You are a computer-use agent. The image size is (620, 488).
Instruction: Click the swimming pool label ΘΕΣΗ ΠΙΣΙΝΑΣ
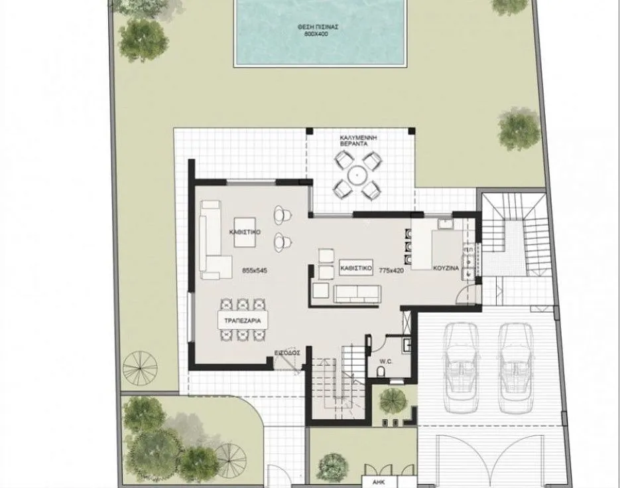(x=318, y=27)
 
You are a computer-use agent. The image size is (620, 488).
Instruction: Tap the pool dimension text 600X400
(x=316, y=34)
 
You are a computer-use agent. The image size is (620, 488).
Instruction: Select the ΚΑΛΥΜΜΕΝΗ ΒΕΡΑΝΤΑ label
(x=358, y=141)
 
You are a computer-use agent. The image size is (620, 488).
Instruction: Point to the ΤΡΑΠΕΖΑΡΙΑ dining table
(x=243, y=320)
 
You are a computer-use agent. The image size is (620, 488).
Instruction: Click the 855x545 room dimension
(x=255, y=271)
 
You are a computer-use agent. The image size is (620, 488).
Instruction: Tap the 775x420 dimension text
(x=391, y=271)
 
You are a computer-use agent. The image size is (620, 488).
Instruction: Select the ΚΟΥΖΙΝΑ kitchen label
(x=446, y=268)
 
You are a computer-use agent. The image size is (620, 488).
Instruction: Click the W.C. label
(x=385, y=361)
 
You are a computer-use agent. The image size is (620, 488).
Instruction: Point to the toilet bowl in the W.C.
(x=381, y=371)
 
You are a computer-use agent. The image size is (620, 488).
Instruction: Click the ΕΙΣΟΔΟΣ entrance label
(x=287, y=353)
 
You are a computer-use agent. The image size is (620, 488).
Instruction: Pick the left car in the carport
(x=461, y=368)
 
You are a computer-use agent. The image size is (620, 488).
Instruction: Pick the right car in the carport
(x=515, y=368)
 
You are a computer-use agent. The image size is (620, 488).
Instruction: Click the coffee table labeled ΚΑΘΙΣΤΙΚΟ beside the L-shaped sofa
(x=245, y=232)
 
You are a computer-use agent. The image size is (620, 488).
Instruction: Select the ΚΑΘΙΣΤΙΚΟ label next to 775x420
(x=356, y=268)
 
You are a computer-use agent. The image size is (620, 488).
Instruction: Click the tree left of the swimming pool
(x=143, y=40)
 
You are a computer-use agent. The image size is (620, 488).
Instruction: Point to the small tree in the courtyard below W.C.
(x=393, y=400)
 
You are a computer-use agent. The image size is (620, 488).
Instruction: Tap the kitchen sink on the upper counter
(x=445, y=224)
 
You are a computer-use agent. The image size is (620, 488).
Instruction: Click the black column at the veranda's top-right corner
(x=412, y=131)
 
